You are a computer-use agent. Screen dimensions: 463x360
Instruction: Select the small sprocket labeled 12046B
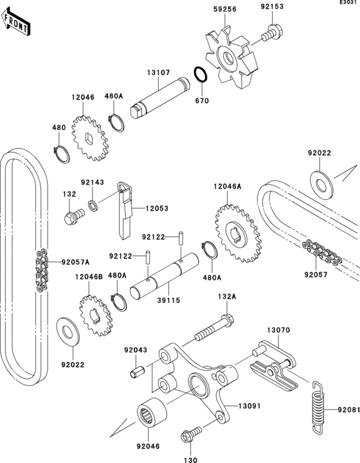click(x=93, y=314)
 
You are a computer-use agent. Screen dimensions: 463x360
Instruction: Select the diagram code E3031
click(x=350, y=3)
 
